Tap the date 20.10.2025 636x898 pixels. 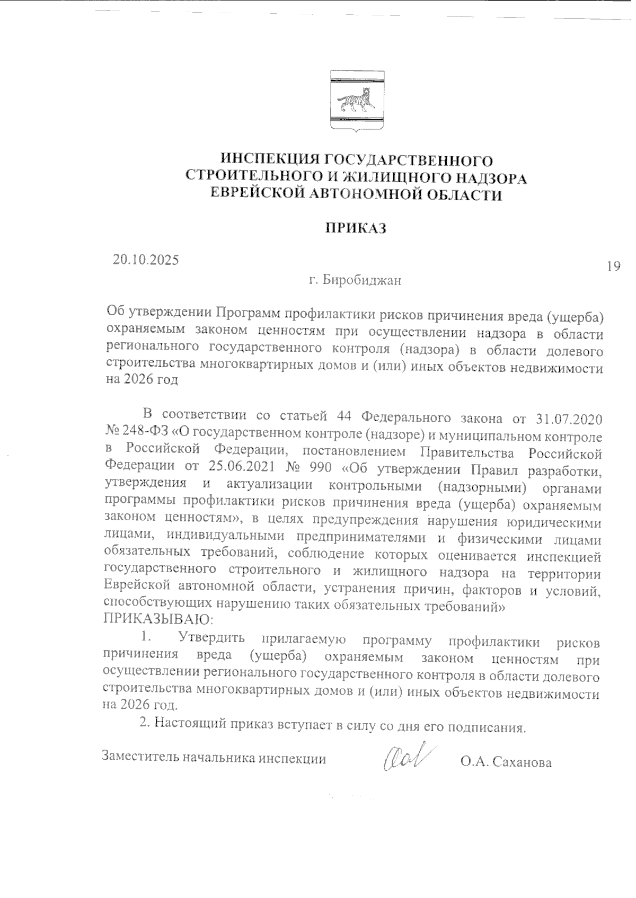[x=146, y=260]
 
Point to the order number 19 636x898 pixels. [x=614, y=266]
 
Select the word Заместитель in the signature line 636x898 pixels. [x=140, y=758]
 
